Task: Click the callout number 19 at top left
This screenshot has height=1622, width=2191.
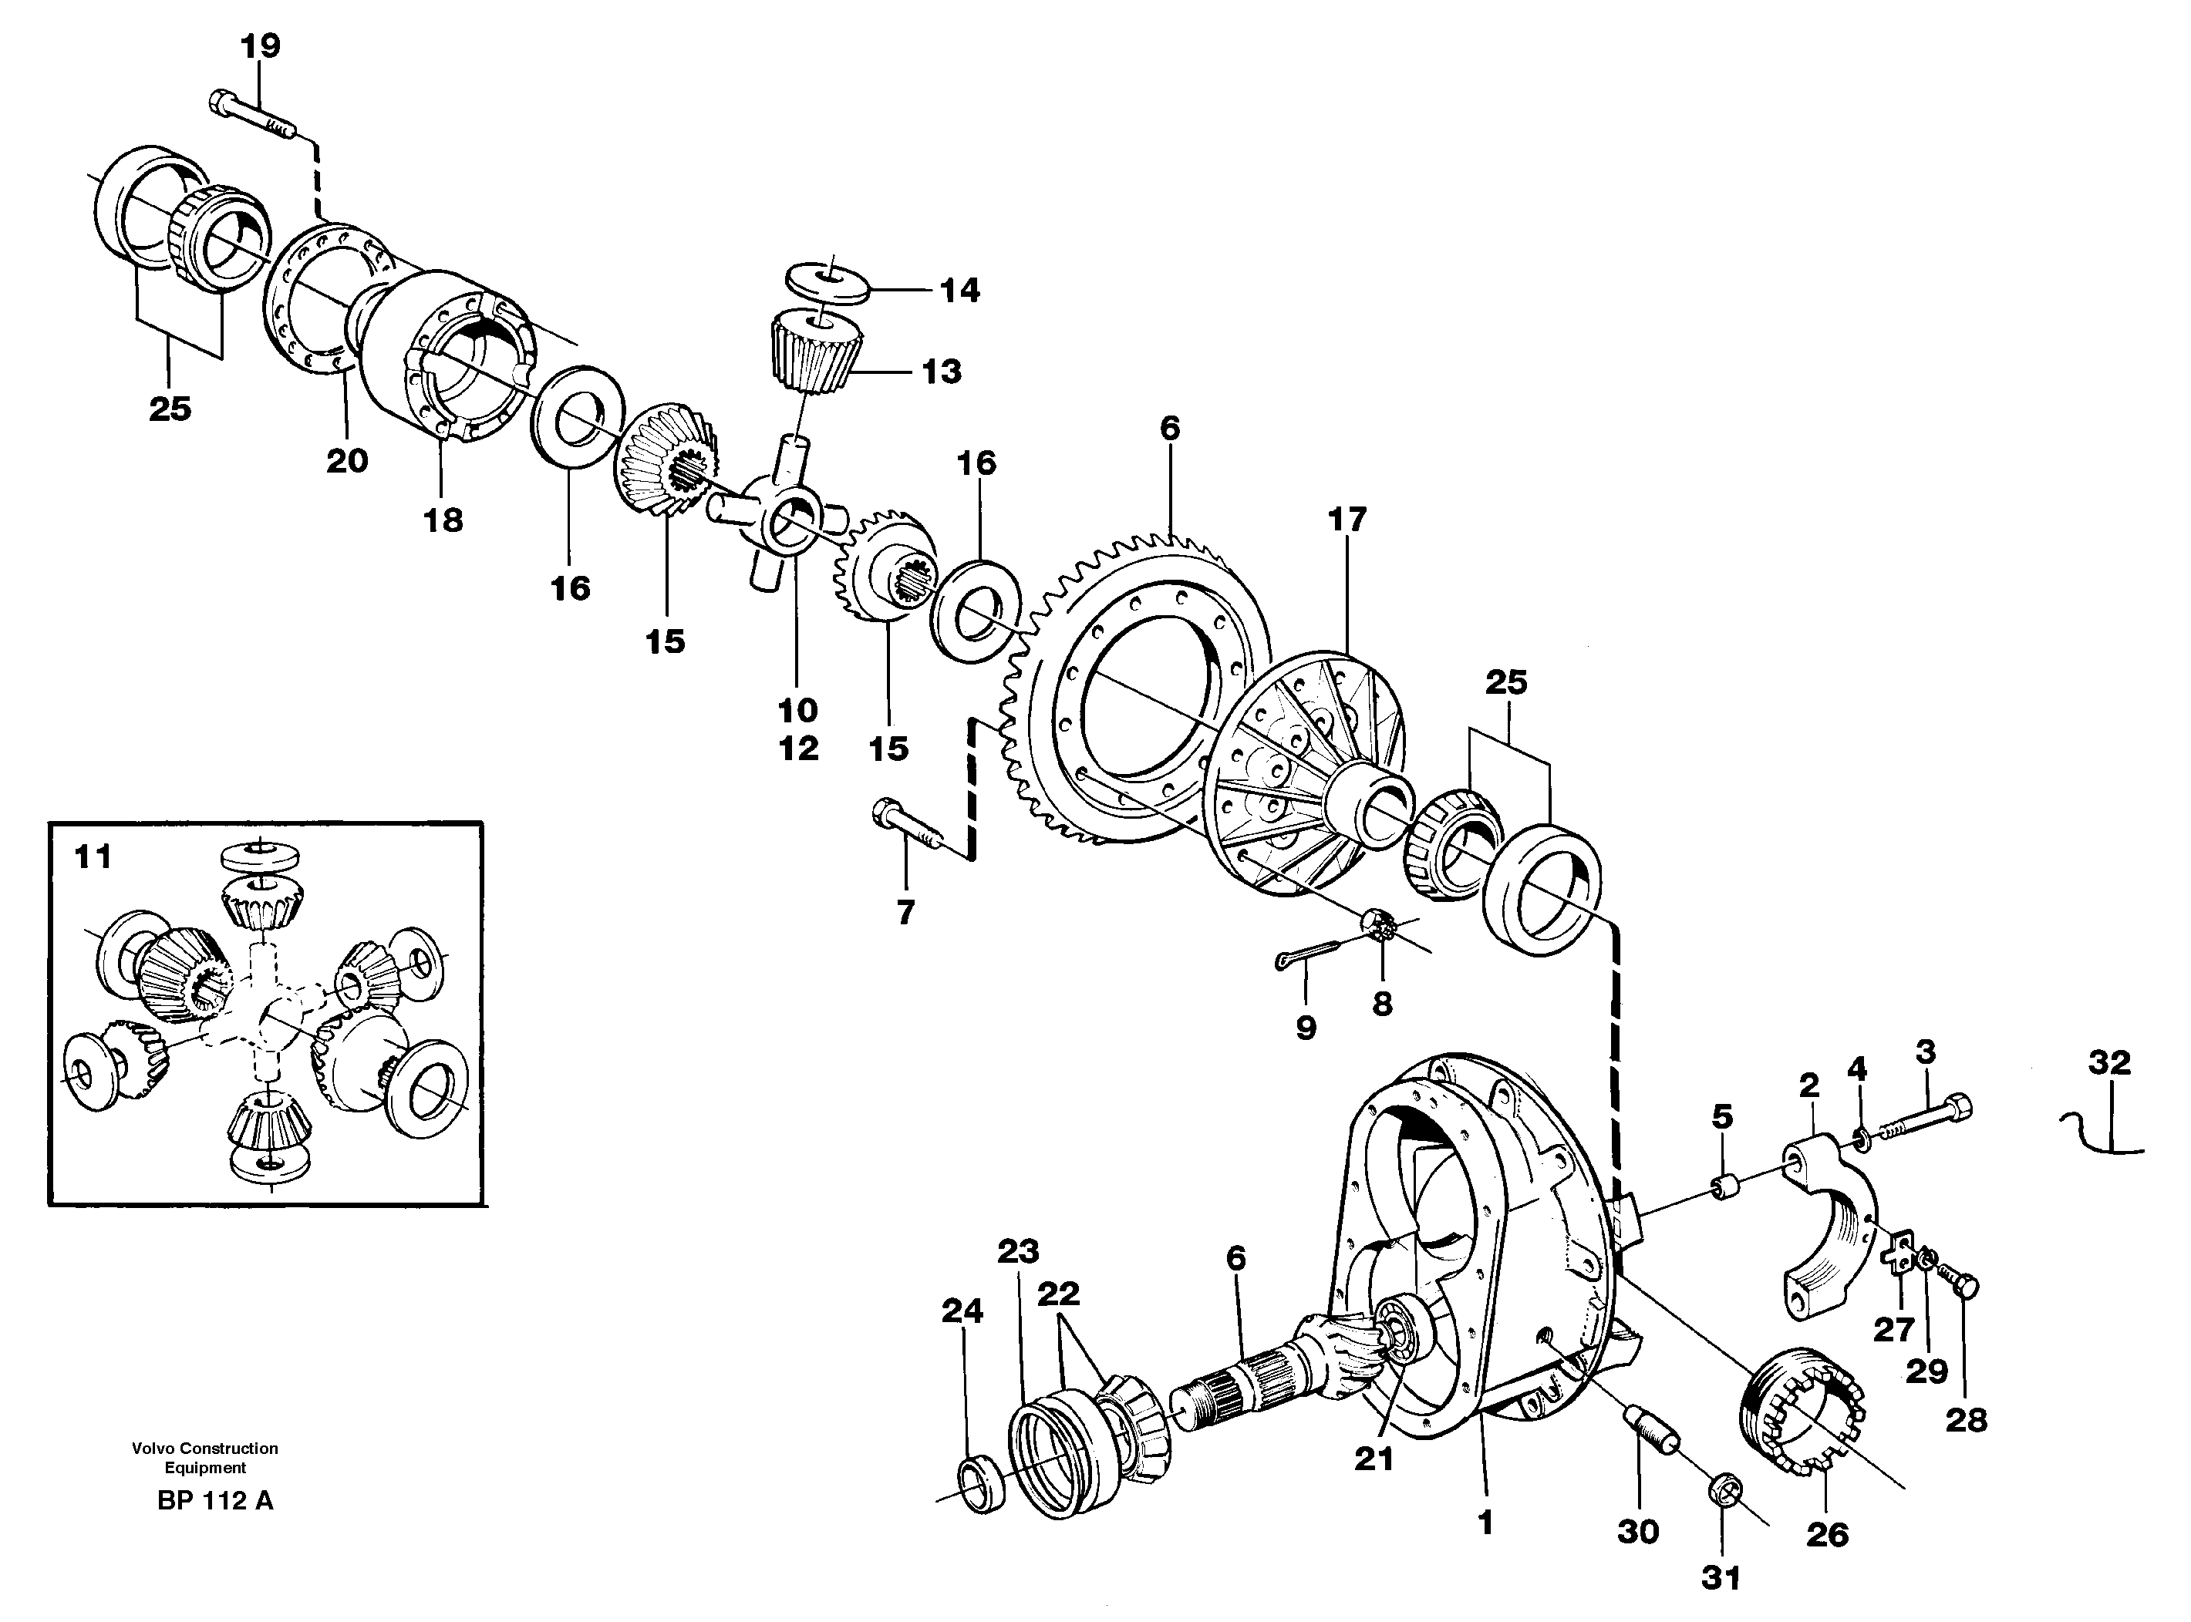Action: click(x=260, y=46)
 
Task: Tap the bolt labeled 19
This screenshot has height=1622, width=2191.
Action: click(x=251, y=116)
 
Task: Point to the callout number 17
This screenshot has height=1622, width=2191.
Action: click(x=1347, y=520)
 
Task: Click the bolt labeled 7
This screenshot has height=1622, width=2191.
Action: click(x=905, y=828)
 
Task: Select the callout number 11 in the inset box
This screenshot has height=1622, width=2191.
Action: click(x=94, y=857)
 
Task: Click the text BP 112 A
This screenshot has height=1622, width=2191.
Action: click(x=214, y=1500)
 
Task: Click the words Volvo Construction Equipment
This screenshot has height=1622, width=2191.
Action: click(x=205, y=1457)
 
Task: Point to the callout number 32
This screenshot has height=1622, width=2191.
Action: click(x=2109, y=1062)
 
